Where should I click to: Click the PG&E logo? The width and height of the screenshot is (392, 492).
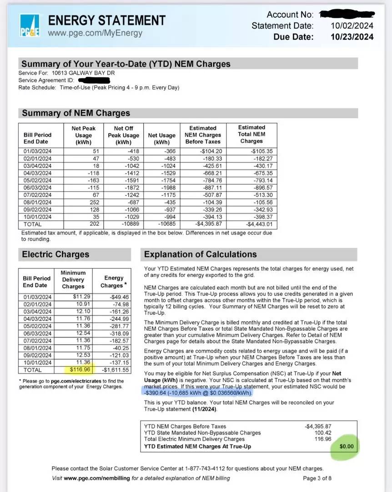tap(30, 26)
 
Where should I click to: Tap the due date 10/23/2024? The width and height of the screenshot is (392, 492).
tap(352, 37)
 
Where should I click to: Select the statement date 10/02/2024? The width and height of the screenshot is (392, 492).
tap(352, 26)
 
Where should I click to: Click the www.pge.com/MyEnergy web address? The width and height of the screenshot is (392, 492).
tap(95, 33)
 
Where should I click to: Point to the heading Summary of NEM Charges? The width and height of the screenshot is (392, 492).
tap(76, 113)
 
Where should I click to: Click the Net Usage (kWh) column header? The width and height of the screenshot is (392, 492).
tap(161, 135)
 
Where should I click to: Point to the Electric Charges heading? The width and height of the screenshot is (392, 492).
tap(56, 254)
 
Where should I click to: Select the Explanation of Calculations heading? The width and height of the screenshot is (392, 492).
tap(201, 254)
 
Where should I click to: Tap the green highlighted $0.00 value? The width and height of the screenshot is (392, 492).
tap(346, 446)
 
